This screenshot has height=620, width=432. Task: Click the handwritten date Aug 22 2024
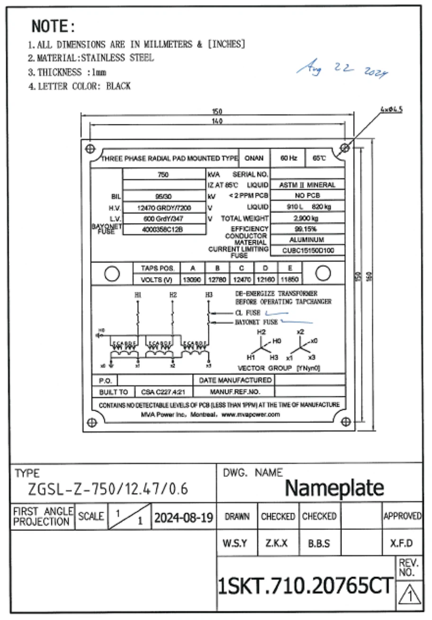[x=342, y=70]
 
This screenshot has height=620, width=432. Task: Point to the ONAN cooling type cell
[x=254, y=158]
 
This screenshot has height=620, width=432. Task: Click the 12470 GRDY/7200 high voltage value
[x=164, y=208]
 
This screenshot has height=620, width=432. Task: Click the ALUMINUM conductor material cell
[x=307, y=240]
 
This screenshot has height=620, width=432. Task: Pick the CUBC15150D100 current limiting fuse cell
[x=308, y=251]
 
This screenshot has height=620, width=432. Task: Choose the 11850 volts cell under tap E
[x=289, y=279]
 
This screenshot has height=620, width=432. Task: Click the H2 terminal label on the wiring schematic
[x=173, y=295]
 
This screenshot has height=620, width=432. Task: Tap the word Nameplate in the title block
[x=334, y=488]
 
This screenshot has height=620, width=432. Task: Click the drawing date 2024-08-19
[x=183, y=517]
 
